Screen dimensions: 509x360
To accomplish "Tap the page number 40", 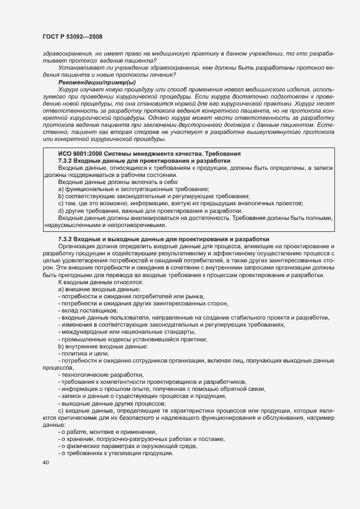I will pos(45,463).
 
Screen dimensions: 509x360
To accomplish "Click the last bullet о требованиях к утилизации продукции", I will pos(117,453).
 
